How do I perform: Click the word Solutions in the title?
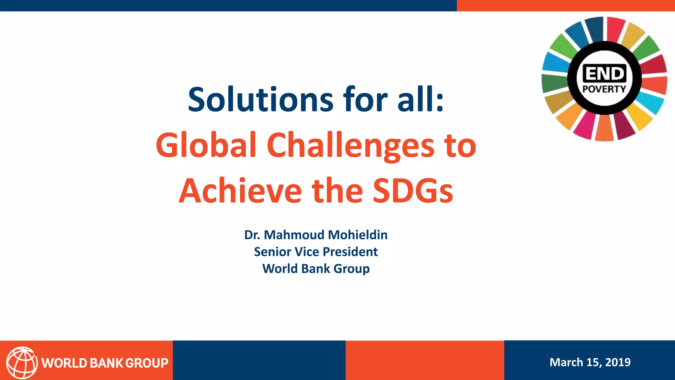coord(261,100)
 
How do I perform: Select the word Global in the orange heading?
coord(206,145)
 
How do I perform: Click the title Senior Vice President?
coord(316,252)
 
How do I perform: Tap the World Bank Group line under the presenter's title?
coord(316,269)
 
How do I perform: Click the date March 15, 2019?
coord(590,362)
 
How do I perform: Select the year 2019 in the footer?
coord(618,362)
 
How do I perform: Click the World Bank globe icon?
coord(22,363)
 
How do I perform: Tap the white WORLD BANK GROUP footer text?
coord(105,363)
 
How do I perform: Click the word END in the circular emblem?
coord(604,73)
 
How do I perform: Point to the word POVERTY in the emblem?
coord(604,89)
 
